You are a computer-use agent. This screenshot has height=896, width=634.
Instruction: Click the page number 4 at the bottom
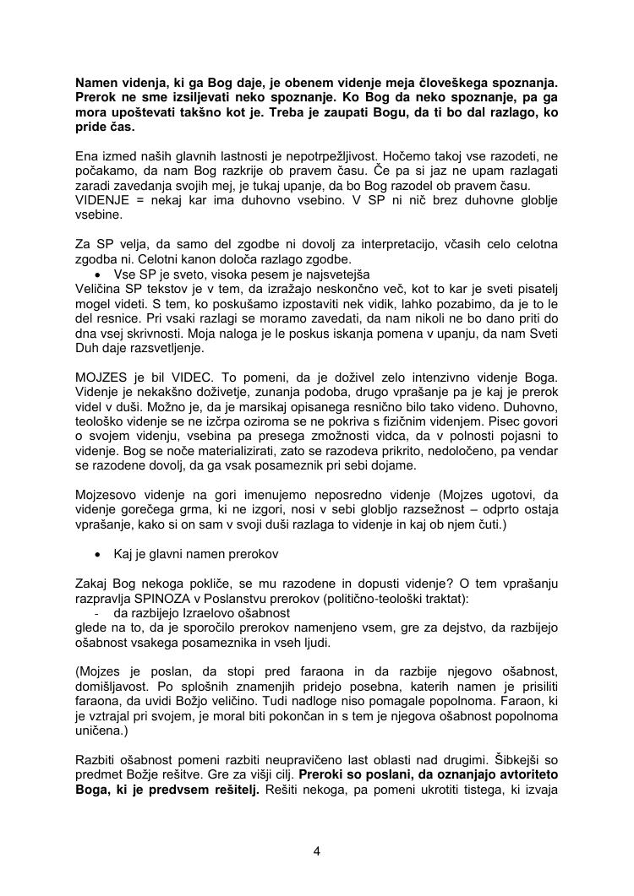(316, 851)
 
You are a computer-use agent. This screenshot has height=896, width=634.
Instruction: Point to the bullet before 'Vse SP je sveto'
(99, 275)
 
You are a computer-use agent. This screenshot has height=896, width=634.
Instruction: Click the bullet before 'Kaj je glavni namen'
(99, 554)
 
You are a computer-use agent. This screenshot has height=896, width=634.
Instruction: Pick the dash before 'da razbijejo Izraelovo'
(98, 614)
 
